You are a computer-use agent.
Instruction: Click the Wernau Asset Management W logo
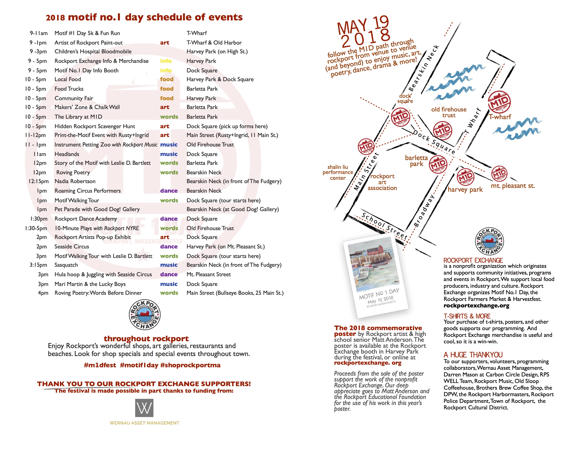click(144, 408)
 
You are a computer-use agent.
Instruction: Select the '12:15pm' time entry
click(39, 181)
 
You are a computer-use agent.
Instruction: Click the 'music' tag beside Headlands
click(169, 154)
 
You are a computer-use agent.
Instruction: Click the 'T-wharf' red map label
click(500, 117)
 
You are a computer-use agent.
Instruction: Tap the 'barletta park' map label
click(416, 161)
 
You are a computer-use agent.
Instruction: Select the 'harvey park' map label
click(465, 190)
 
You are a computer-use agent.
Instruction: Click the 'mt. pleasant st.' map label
click(513, 186)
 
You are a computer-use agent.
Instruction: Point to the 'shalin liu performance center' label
click(338, 172)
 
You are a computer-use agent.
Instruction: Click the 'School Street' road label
click(384, 226)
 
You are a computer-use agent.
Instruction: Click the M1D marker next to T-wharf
click(499, 102)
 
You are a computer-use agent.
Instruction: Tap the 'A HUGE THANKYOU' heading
click(473, 355)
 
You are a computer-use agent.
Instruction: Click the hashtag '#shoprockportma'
click(190, 365)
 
